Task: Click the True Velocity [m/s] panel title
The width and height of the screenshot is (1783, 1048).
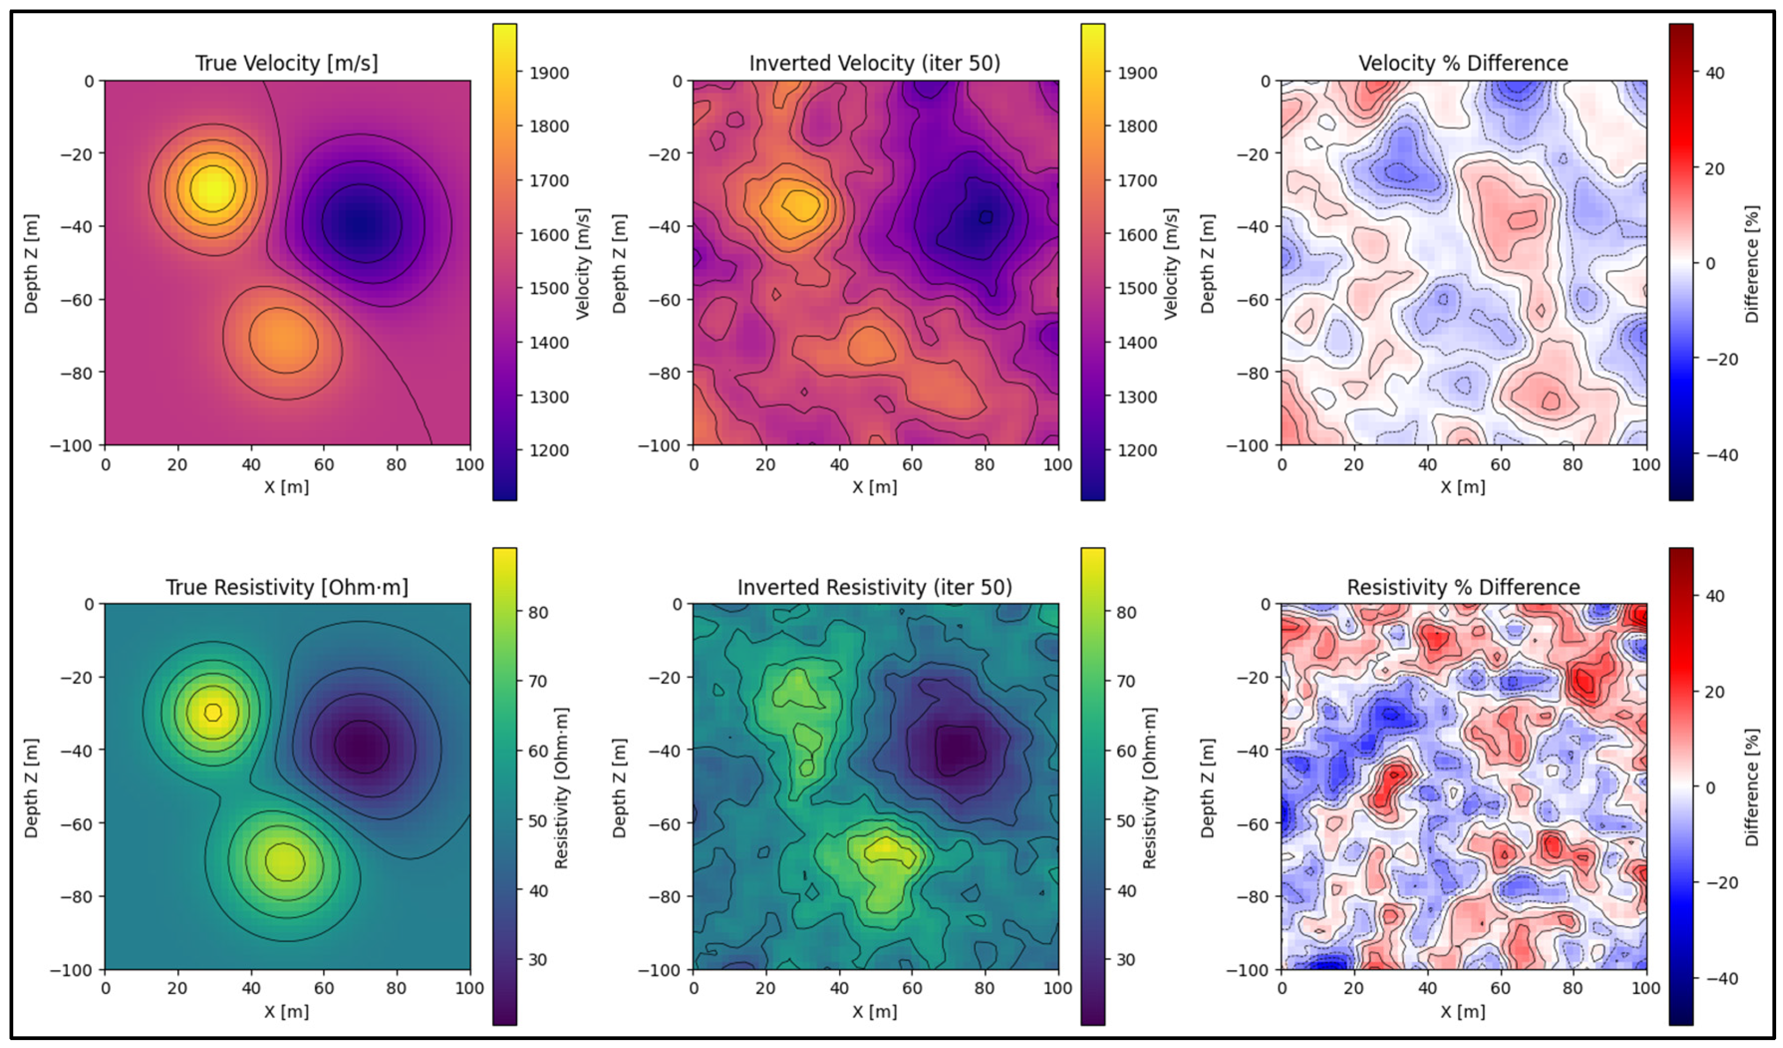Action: (x=286, y=63)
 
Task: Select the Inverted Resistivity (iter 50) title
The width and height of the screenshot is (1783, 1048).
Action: (x=875, y=587)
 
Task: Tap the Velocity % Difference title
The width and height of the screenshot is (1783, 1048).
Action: (x=1463, y=63)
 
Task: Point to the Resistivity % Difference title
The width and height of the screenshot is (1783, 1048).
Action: (x=1463, y=587)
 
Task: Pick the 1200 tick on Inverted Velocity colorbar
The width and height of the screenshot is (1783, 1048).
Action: (x=1137, y=451)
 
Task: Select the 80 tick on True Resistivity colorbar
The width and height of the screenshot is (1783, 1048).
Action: (x=538, y=613)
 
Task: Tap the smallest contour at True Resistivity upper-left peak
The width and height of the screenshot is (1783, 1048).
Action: (x=213, y=712)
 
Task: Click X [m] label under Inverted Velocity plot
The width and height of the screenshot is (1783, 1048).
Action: (x=875, y=487)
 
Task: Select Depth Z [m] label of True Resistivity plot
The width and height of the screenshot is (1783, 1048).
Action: (x=31, y=787)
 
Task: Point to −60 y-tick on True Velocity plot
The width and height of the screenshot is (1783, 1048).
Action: (x=76, y=299)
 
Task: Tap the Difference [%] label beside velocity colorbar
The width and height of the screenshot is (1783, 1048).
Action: (x=1751, y=264)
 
